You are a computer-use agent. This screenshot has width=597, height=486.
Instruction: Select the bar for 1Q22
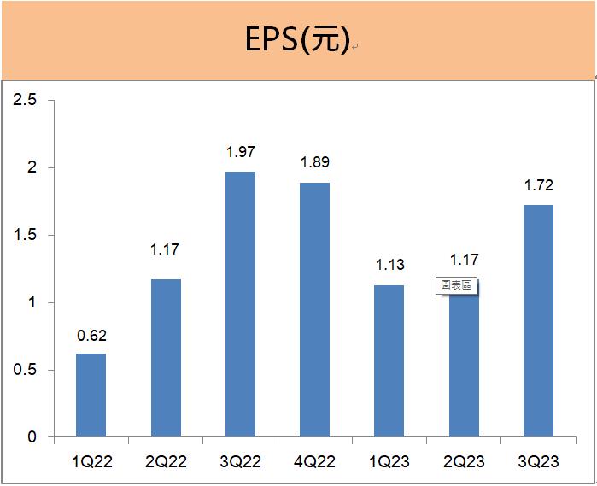(91, 395)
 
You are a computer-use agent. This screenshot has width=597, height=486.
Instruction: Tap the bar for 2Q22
(166, 358)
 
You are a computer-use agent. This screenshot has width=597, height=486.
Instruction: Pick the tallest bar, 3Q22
(240, 304)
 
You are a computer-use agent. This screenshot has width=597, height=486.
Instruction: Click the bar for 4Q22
(314, 309)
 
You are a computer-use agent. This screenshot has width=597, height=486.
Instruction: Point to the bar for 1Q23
(389, 360)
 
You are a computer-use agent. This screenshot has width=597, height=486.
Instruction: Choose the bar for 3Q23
(538, 320)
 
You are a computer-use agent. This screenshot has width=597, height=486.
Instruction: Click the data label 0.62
(91, 336)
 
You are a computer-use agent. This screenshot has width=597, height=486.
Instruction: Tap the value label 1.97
(240, 153)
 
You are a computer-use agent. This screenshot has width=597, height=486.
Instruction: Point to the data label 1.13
(389, 266)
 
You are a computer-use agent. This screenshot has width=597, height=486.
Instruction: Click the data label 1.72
(538, 186)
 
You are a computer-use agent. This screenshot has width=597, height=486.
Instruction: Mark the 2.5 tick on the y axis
(26, 101)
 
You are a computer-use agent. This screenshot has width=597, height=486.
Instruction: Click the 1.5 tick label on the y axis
(26, 236)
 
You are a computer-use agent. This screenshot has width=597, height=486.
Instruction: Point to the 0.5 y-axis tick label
(26, 371)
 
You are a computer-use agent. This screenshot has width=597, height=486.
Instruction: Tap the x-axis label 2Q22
(166, 462)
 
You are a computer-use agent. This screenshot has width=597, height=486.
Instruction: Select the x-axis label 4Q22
(314, 462)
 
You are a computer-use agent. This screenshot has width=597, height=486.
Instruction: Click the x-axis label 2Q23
(464, 462)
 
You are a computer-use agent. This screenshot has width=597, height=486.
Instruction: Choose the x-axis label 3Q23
(538, 462)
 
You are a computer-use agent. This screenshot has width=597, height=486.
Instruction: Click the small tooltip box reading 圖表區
(456, 286)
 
